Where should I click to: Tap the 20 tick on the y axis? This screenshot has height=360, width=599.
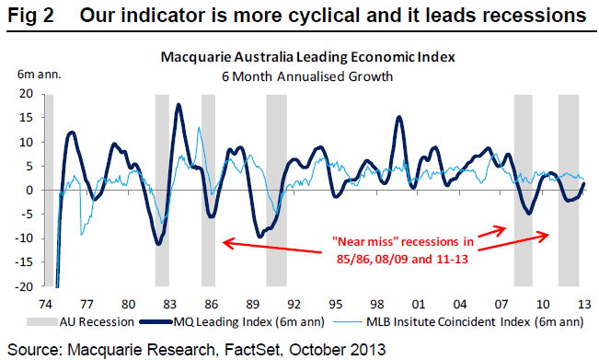[27, 94]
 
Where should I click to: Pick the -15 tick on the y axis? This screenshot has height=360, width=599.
[25, 262]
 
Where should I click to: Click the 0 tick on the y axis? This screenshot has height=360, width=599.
[30, 191]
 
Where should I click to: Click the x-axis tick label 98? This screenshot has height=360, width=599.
[377, 302]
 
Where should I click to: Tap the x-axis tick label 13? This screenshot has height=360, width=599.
[583, 302]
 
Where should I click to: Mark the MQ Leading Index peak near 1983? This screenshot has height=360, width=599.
[178, 105]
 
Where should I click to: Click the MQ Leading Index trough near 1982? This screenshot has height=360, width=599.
[159, 243]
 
